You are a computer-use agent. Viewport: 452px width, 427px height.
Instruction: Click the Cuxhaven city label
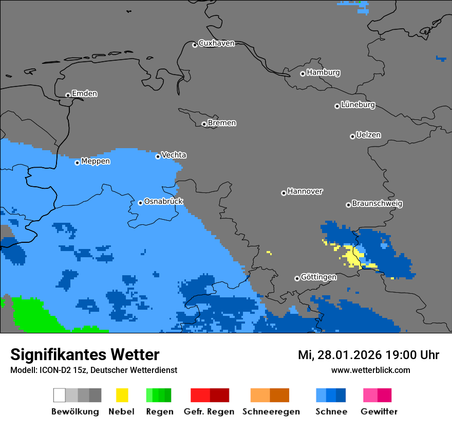click(x=216, y=43)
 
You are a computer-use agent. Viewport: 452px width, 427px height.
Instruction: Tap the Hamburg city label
click(x=323, y=73)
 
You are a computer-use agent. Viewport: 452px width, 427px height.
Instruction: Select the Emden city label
click(x=84, y=94)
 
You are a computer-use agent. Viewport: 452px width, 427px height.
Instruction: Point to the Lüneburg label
click(x=357, y=105)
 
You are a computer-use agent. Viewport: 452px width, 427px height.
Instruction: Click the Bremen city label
click(x=222, y=123)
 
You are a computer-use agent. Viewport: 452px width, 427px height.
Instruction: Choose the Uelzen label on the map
click(x=368, y=135)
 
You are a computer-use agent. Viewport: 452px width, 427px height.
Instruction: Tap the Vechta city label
click(x=174, y=155)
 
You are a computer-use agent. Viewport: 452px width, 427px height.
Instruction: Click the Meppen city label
click(x=96, y=162)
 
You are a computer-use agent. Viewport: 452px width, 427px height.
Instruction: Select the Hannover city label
click(x=305, y=191)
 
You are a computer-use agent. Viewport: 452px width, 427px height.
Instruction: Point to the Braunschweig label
click(x=377, y=204)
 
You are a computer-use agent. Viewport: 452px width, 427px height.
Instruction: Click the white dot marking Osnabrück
click(x=140, y=203)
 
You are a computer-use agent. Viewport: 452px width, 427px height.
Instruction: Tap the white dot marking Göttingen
click(x=297, y=278)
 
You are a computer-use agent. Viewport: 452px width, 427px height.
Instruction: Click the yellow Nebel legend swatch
click(x=122, y=395)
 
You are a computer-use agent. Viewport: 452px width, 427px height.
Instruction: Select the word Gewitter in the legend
click(x=379, y=412)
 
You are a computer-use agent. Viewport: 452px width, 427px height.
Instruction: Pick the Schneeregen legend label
click(x=271, y=412)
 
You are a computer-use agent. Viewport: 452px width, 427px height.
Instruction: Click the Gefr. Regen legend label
click(x=209, y=412)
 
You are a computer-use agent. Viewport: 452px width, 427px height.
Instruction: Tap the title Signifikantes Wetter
click(x=85, y=354)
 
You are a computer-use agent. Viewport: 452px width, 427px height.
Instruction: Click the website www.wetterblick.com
click(x=370, y=370)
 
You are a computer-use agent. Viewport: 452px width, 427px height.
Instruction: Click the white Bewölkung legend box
click(x=60, y=395)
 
